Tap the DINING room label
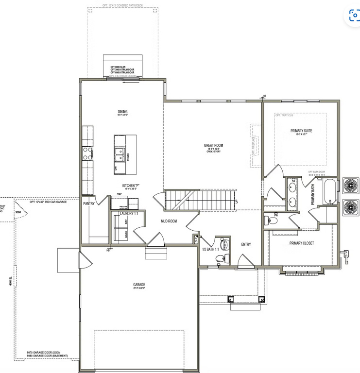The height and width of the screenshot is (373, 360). tap(122, 111)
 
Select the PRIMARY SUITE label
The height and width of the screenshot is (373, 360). tap(301, 131)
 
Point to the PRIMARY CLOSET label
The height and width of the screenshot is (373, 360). tap(301, 243)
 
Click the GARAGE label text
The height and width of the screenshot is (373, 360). tap(139, 285)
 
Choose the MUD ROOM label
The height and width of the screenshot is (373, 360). tap(169, 221)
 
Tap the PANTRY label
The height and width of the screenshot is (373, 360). tap(89, 203)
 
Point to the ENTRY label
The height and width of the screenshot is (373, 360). tap(246, 244)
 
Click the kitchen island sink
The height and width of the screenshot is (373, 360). tap(119, 155)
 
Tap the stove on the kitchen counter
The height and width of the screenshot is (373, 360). tap(88, 153)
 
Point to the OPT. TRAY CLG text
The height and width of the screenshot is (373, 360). tap(285, 116)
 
